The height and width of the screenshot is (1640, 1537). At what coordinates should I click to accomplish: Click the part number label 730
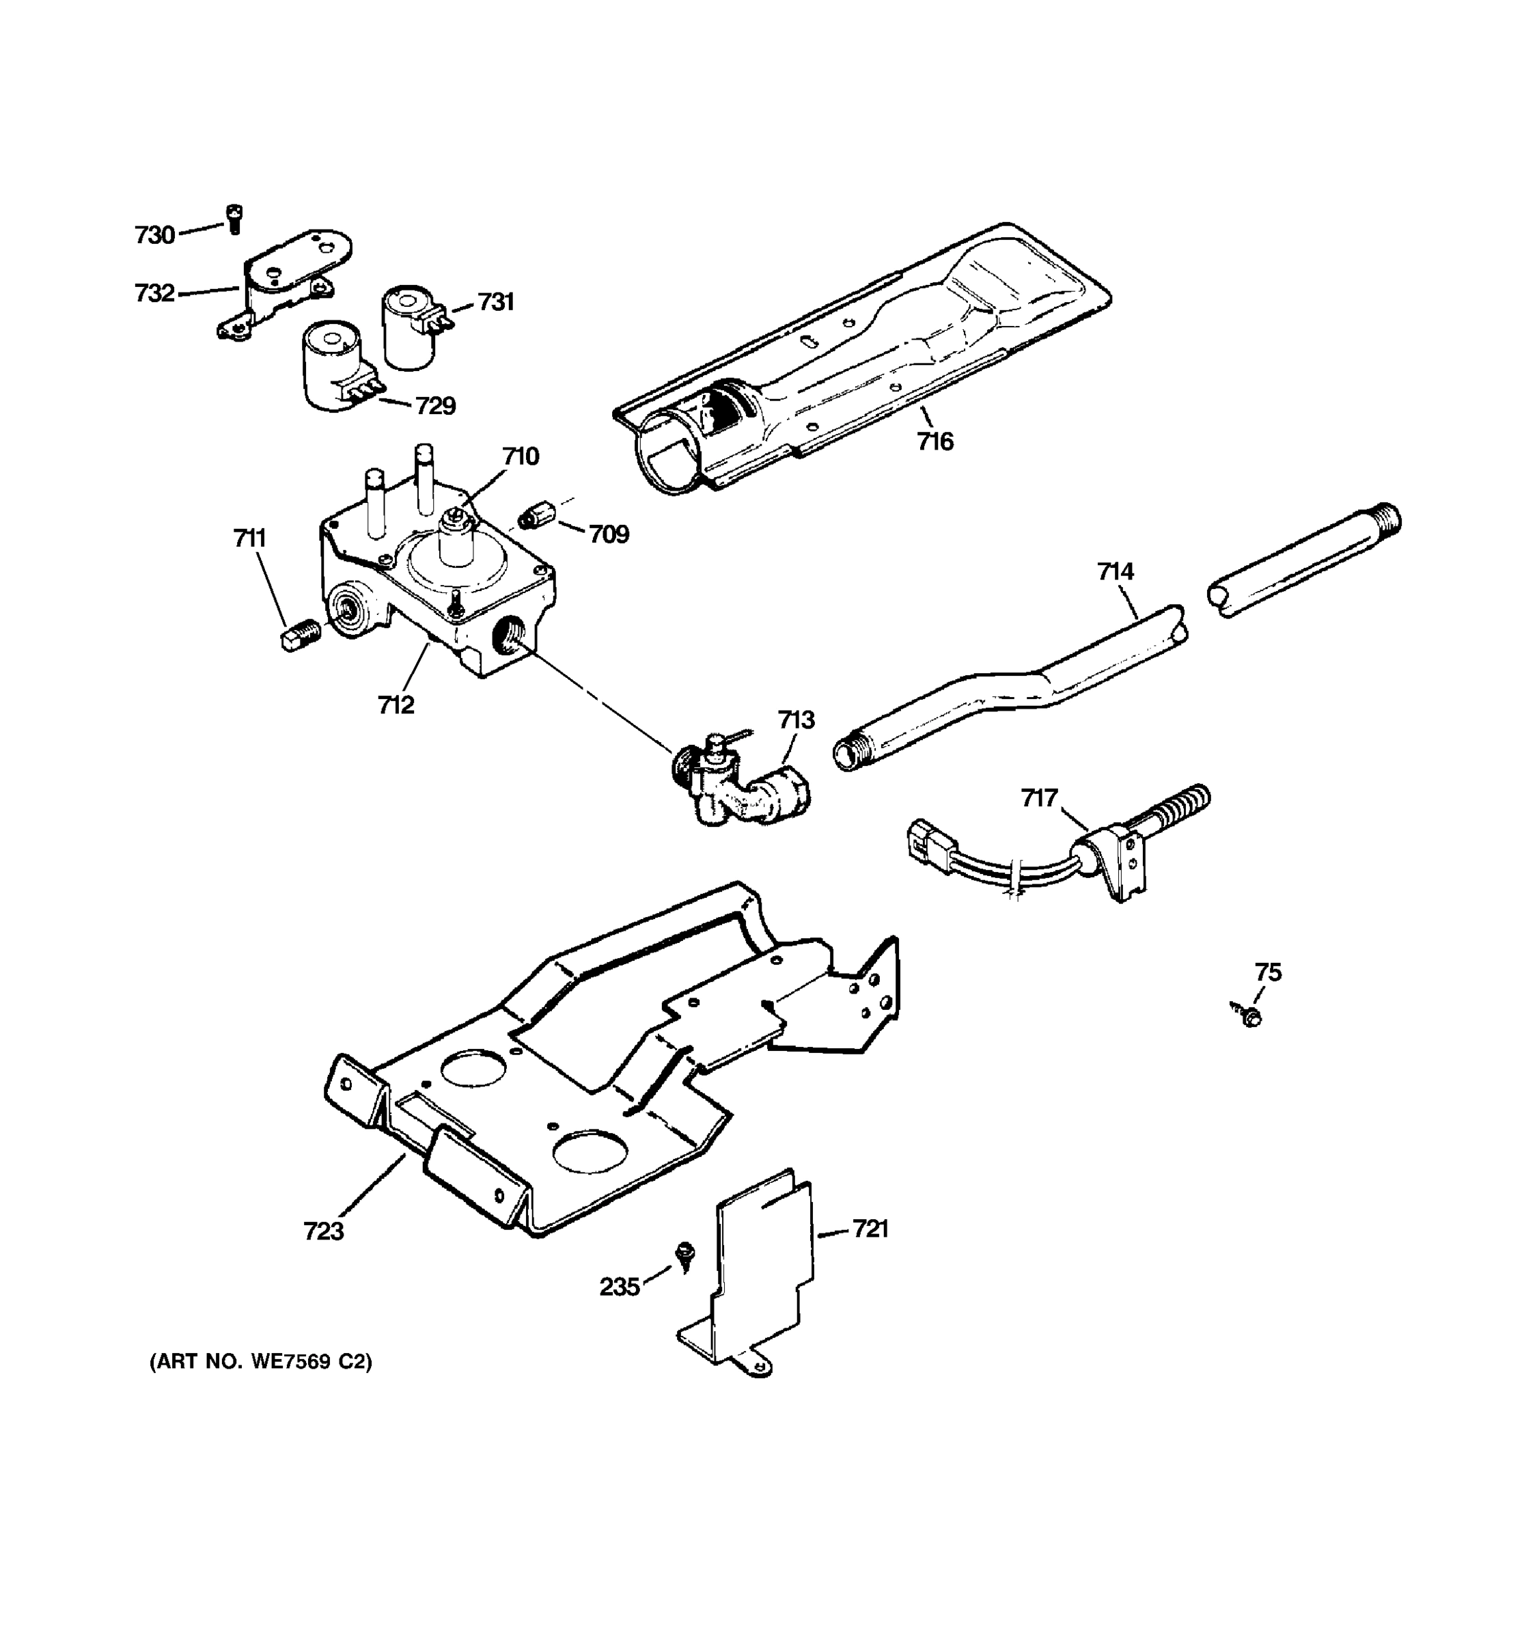[155, 235]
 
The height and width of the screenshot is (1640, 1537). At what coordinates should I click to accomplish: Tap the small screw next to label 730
[234, 219]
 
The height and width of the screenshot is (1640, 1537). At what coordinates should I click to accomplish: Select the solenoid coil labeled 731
[409, 326]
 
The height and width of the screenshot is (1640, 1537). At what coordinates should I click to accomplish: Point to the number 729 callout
[434, 406]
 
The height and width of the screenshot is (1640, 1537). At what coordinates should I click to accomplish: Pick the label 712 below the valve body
[396, 705]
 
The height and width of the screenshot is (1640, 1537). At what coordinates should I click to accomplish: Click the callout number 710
[521, 456]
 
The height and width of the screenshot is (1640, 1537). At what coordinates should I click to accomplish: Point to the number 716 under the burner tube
[935, 442]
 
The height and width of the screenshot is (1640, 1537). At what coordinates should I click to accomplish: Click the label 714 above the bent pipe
[1115, 571]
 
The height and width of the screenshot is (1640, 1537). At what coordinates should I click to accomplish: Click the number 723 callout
[323, 1231]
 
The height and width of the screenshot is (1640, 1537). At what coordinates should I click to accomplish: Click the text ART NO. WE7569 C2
[260, 1362]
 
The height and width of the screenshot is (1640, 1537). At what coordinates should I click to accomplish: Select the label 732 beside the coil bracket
[155, 293]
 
